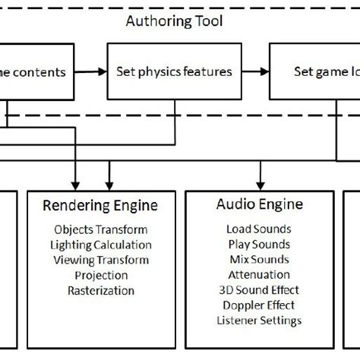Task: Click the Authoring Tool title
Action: point(174,21)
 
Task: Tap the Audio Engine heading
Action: point(260,204)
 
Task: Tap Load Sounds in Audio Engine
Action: point(259,229)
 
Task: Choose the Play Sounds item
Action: point(259,244)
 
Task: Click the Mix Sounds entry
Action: point(259,259)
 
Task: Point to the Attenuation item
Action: point(259,274)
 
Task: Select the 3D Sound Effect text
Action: point(259,289)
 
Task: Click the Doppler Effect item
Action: point(259,305)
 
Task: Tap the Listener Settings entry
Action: point(259,320)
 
